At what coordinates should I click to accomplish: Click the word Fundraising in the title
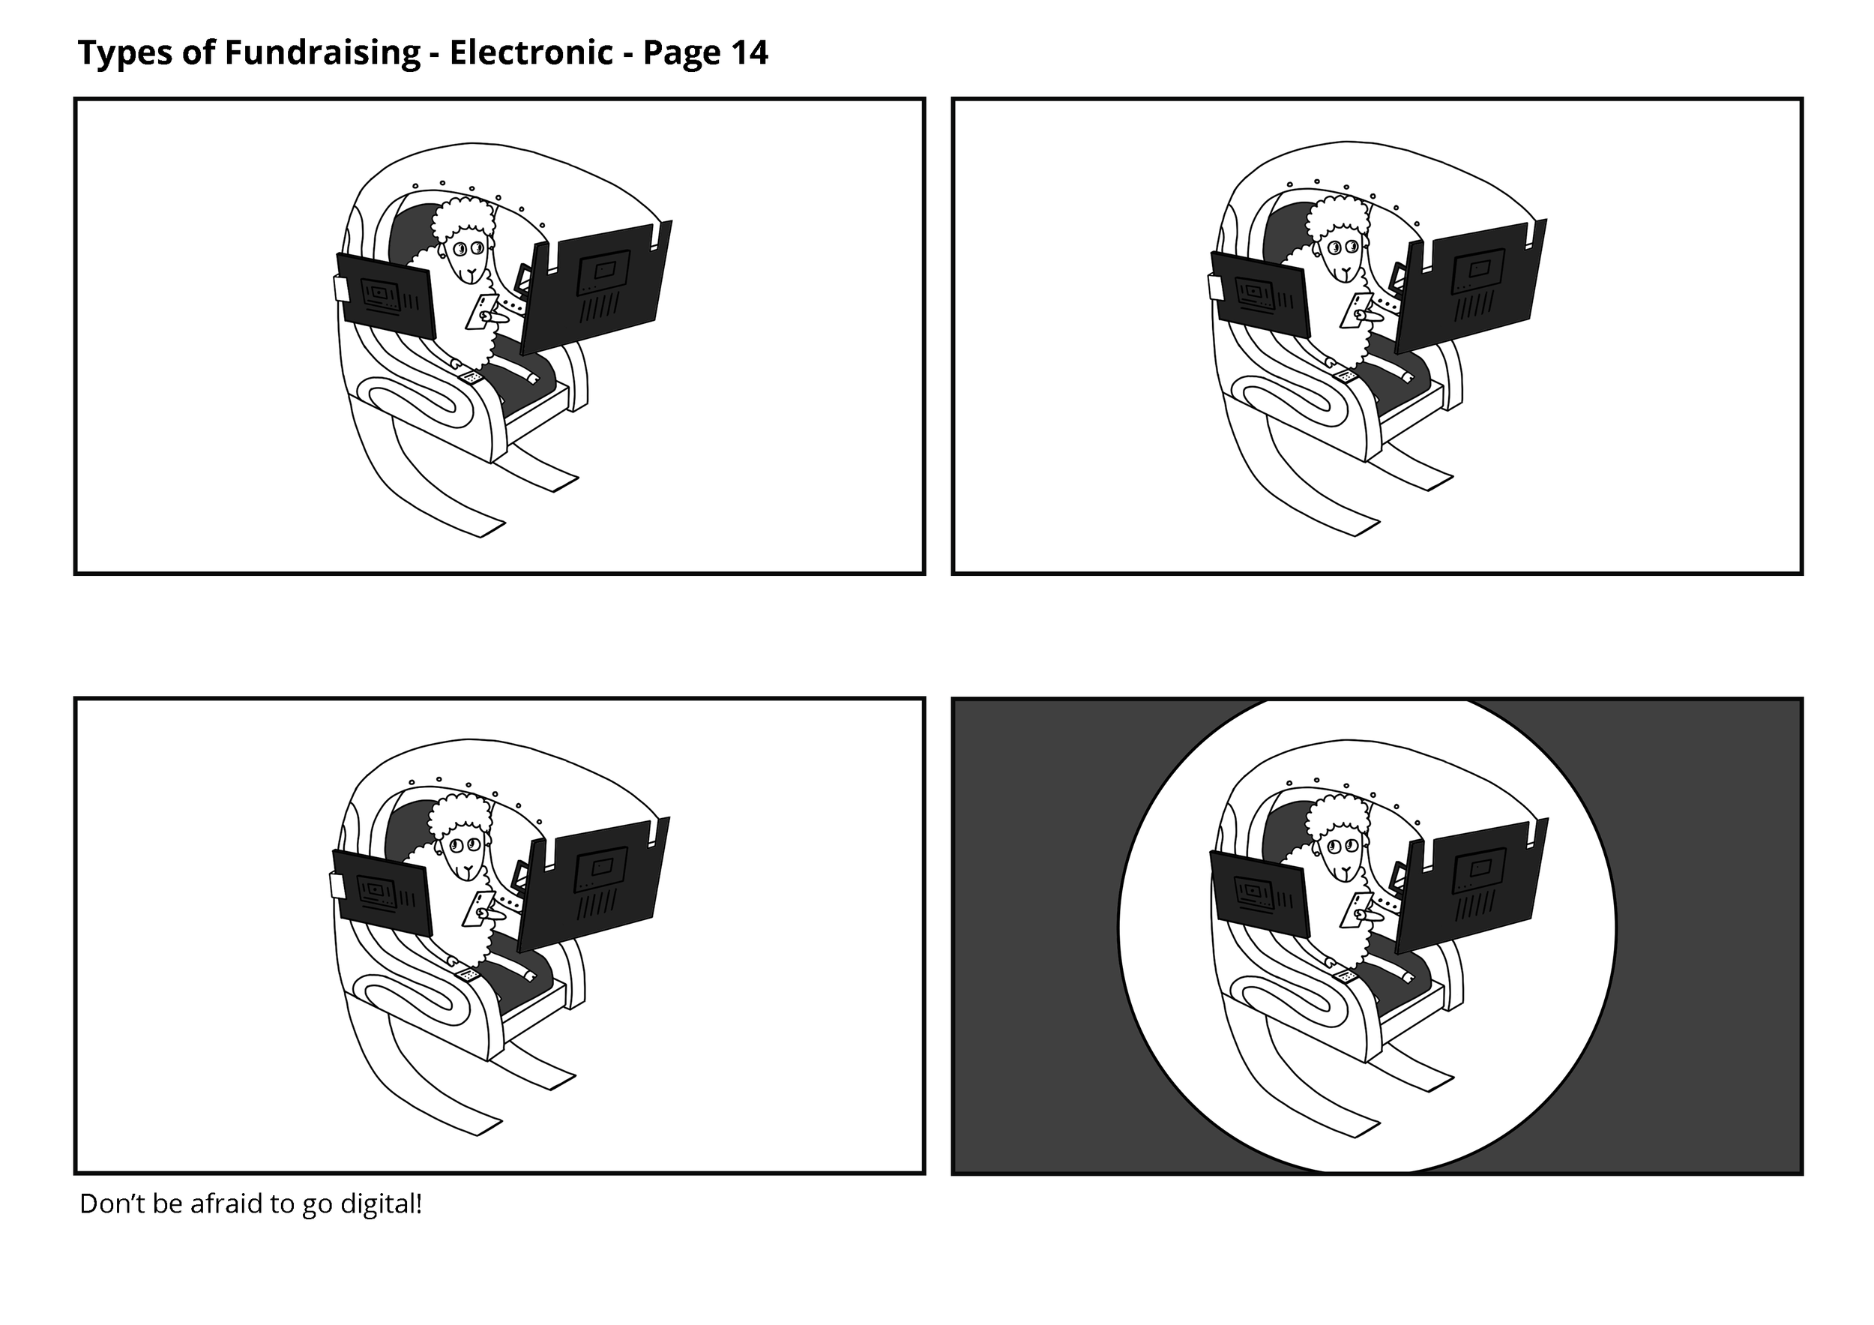pos(322,53)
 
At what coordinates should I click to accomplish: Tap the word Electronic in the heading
pos(531,53)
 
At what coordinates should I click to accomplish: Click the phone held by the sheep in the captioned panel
pos(477,908)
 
